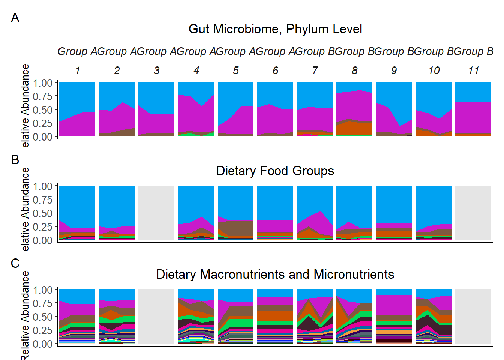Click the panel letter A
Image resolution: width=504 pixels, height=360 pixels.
15,18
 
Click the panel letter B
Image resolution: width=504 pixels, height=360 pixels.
15,159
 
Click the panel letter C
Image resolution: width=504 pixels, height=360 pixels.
15,263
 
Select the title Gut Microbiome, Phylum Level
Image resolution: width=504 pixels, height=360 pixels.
275,29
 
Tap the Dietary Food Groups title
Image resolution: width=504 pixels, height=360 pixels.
275,171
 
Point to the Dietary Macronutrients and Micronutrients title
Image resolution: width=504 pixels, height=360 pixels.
275,274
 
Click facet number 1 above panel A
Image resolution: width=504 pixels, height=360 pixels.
77,70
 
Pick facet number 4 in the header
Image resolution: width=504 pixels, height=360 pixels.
196,70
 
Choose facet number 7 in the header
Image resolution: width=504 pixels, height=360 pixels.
315,70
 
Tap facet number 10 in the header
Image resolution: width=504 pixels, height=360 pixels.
433,70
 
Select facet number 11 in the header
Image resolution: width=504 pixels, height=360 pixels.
473,70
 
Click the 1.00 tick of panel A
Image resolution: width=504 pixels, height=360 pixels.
42,83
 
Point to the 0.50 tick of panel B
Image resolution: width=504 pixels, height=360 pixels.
42,213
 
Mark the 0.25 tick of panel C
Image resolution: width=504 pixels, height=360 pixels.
42,330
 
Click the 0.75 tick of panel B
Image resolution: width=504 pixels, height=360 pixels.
42,200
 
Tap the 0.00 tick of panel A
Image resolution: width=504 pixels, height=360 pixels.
42,137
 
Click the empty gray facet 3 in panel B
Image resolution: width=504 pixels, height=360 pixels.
156,213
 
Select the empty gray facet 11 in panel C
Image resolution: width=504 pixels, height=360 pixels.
473,316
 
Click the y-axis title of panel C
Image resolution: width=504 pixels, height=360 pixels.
25,315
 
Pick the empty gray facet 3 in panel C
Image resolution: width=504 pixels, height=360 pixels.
156,316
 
